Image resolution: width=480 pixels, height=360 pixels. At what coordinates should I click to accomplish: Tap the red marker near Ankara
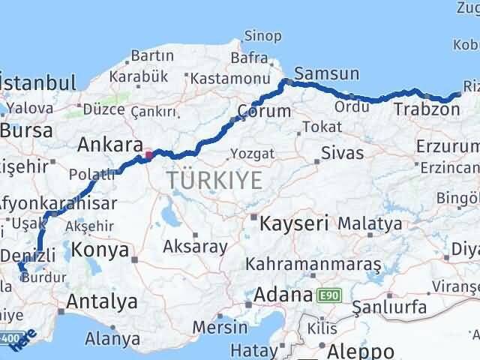148,156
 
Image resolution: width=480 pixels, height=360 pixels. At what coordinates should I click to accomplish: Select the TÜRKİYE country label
214,180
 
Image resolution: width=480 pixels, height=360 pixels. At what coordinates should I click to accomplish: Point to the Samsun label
322,74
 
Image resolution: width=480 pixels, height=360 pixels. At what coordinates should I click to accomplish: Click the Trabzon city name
425,109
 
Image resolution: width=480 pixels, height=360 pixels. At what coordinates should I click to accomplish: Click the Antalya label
102,302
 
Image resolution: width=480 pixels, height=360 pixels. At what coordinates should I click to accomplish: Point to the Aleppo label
356,350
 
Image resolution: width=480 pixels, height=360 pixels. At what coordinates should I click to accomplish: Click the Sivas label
342,154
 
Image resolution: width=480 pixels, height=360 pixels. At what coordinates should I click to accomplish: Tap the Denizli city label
27,256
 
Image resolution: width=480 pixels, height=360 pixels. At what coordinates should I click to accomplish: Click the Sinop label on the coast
263,35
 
